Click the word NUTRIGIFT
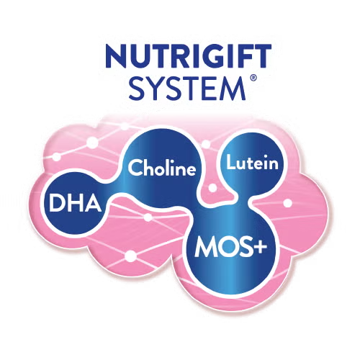188,56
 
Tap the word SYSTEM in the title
187,89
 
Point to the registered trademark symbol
253,78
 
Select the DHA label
76,203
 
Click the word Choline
162,167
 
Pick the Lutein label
252,163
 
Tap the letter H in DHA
75,203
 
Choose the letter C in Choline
135,167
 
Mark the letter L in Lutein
231,162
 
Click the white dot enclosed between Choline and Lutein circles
212,188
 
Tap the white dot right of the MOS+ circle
287,203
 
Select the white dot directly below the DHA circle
131,256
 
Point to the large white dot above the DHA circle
92,143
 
